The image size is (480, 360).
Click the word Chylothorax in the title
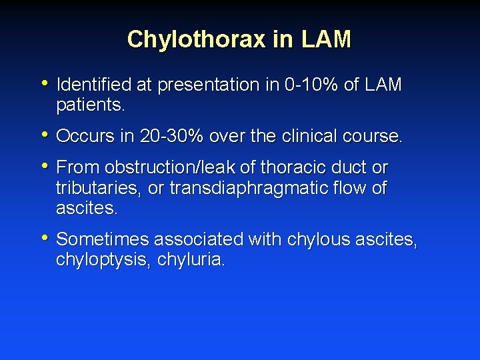tap(197, 39)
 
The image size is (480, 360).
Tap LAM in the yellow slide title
tap(326, 39)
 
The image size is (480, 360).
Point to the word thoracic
tap(293, 167)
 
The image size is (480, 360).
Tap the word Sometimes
tap(98, 239)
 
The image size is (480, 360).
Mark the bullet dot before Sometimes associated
tap(45, 238)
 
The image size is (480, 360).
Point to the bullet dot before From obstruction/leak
tap(45, 166)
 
